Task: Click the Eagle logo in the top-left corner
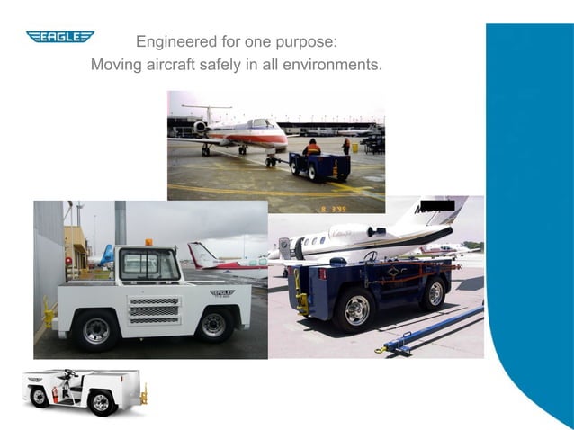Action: (60, 37)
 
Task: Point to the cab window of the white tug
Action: (149, 264)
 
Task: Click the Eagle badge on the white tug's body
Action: (221, 292)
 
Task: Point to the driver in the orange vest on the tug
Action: (311, 148)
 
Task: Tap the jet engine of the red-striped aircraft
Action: (201, 127)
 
